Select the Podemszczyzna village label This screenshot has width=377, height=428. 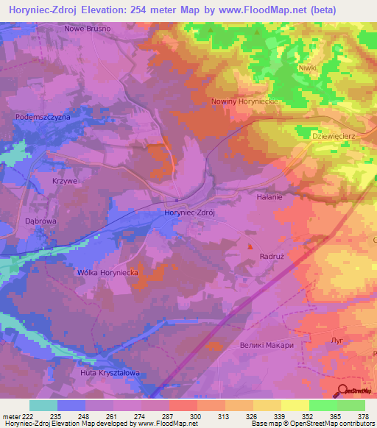click(43, 118)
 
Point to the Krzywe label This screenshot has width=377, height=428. click(64, 179)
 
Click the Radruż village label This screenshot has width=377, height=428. click(272, 257)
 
